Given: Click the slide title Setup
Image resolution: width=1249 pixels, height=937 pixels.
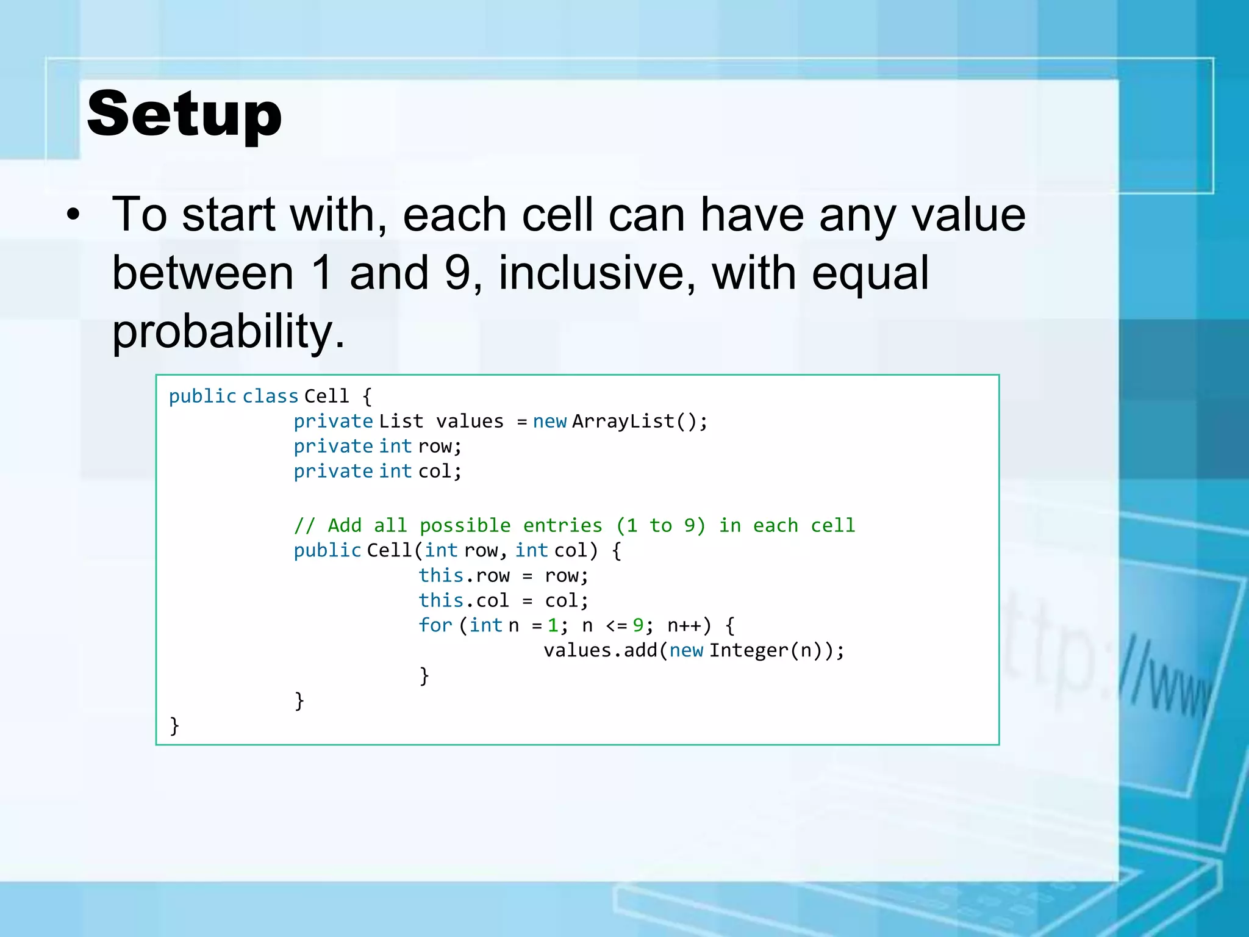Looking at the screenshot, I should click(184, 114).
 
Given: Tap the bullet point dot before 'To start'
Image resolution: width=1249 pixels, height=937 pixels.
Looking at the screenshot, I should click(73, 215).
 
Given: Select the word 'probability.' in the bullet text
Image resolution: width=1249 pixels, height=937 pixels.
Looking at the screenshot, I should click(229, 331).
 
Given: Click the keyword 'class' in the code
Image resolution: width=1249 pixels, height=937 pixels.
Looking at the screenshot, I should click(270, 397).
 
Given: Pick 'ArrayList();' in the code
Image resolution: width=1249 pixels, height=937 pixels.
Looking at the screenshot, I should click(640, 422).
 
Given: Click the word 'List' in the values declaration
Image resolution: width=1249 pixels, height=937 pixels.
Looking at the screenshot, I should click(401, 422).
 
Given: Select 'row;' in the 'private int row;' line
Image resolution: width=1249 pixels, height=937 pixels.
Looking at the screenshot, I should click(440, 447).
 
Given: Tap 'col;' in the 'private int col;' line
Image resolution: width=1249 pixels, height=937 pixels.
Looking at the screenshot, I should click(440, 472).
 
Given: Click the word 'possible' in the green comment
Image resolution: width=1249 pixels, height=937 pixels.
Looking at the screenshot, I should click(465, 525).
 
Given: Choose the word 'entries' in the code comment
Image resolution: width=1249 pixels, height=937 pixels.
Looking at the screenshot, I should click(562, 525).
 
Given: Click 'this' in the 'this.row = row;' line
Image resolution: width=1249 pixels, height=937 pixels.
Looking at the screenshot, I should click(441, 575).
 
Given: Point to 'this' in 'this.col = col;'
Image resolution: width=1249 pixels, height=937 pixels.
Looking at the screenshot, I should click(441, 600).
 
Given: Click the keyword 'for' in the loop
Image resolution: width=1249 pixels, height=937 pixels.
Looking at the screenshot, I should click(435, 625).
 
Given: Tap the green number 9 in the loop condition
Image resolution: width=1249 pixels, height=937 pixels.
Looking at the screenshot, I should click(638, 625).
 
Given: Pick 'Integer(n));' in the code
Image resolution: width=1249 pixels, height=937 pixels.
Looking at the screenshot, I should click(776, 650).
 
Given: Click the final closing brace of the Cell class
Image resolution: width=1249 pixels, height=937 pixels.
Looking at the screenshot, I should click(174, 725).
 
